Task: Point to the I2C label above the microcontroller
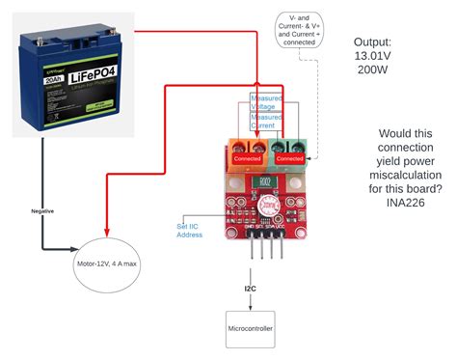pyautogui.click(x=250, y=288)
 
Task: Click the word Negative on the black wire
pyautogui.click(x=42, y=209)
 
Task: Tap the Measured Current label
pyautogui.click(x=266, y=122)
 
